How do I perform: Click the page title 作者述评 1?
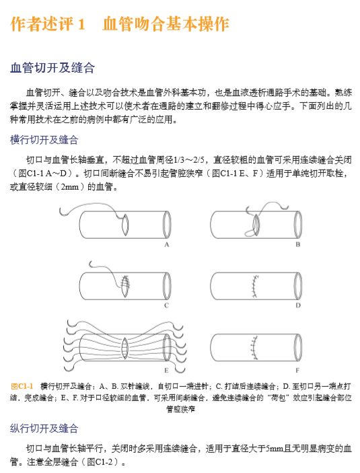[48, 24]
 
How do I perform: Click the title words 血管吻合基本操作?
[166, 24]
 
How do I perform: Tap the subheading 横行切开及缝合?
[44, 140]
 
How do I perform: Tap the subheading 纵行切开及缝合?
[44, 428]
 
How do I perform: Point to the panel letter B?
[297, 245]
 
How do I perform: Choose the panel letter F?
[297, 370]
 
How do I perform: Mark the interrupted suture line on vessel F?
[254, 348]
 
